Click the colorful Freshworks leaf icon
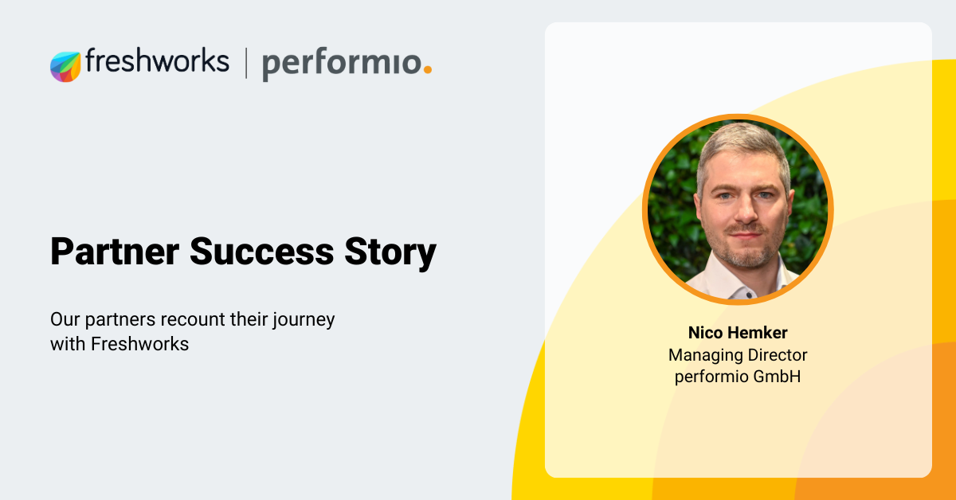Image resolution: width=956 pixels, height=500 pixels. (65, 66)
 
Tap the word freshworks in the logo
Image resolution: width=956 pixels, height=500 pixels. (157, 61)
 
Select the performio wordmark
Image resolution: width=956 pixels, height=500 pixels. (340, 64)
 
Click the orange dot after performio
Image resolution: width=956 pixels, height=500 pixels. (427, 70)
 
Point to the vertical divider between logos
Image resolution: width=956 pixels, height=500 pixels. (245, 64)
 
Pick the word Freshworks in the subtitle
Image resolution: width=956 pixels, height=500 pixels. (139, 345)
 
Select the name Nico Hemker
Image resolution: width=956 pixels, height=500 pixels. (737, 333)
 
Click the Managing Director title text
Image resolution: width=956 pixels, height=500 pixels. (737, 355)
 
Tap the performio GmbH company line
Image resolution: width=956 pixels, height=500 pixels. (737, 377)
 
